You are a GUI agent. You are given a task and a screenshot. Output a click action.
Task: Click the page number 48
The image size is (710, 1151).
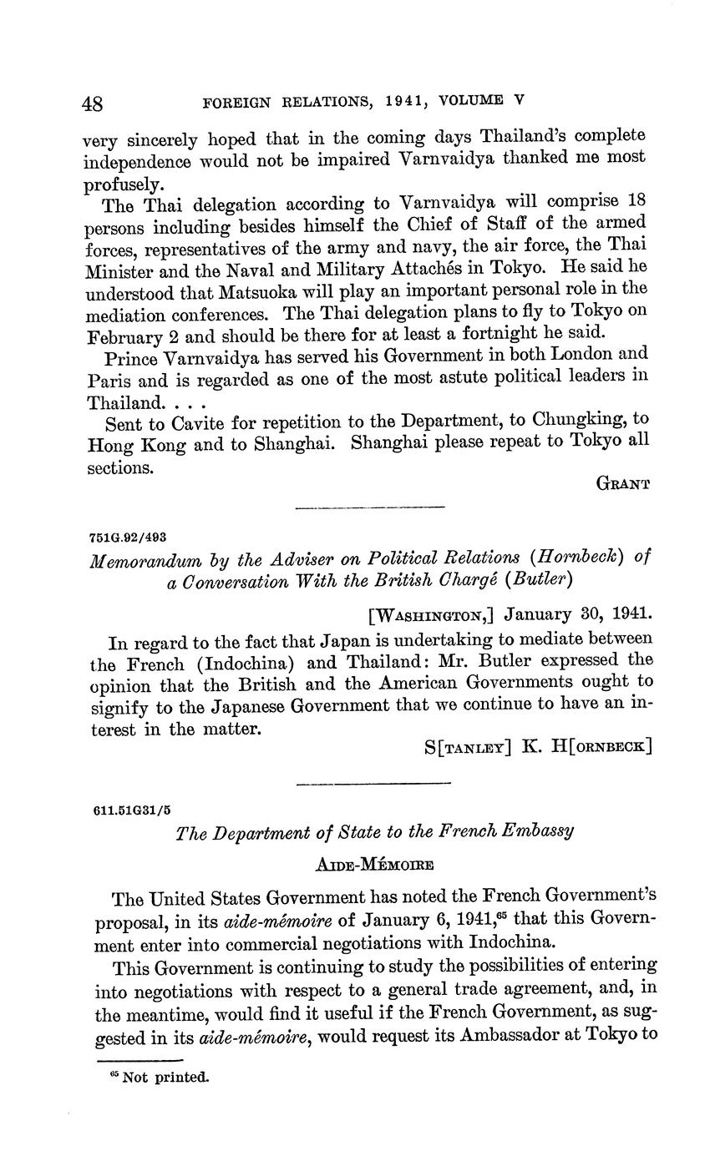[93, 103]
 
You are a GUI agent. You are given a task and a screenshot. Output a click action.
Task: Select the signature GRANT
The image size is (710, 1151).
[622, 483]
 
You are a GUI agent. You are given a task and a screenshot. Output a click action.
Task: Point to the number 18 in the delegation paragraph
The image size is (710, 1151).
[632, 203]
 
